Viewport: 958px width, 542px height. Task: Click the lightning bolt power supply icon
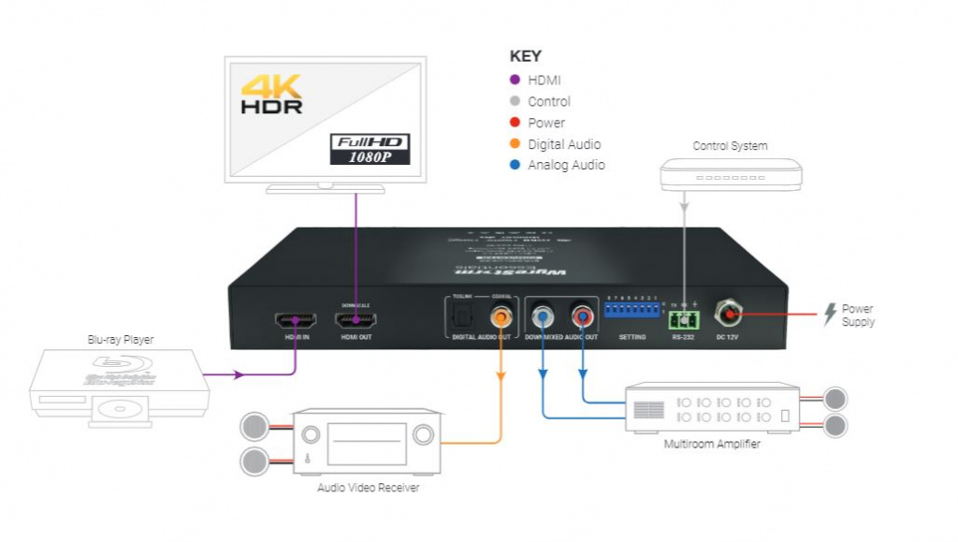click(x=829, y=315)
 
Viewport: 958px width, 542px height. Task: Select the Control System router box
click(x=731, y=175)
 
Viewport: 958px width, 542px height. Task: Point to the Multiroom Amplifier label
click(x=712, y=444)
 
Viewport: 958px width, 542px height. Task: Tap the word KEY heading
click(x=525, y=56)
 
